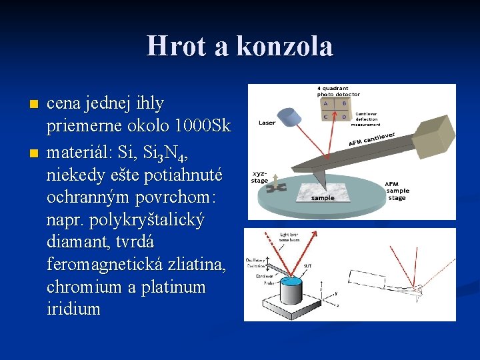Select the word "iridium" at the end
73,309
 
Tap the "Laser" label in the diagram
267,123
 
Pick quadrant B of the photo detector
345,103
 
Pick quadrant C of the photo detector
325,115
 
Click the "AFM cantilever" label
371,140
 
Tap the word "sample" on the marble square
323,197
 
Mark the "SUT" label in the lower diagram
307,265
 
